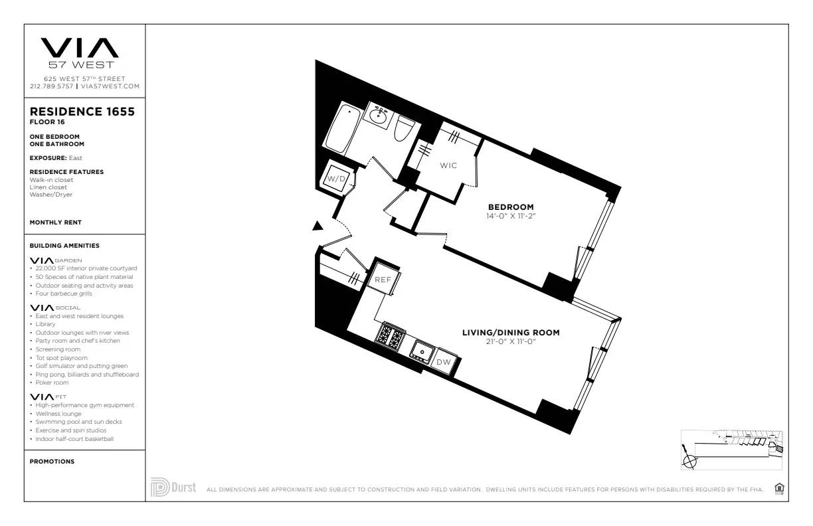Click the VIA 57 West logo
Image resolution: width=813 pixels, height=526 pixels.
pos(80,52)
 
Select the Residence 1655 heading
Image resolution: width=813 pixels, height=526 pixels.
pos(82,112)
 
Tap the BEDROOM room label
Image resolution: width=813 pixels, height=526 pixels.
pos(511,207)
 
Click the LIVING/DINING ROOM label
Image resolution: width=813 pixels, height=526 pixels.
pos(511,332)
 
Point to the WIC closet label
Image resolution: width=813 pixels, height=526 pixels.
pos(448,165)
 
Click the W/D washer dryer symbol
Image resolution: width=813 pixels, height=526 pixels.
pos(333,178)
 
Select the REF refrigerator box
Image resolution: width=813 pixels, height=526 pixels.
pos(383,280)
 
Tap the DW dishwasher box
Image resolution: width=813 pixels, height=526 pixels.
pos(443,362)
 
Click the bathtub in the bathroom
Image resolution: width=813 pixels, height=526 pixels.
pos(343,128)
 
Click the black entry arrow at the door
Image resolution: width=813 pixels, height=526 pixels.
pos(317,226)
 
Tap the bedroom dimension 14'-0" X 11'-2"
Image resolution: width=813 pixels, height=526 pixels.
pos(511,216)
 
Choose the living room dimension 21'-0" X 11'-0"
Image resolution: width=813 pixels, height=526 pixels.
pos(511,341)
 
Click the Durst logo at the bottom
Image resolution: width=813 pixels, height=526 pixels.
pos(173,487)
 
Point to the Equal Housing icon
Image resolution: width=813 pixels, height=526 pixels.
pos(779,489)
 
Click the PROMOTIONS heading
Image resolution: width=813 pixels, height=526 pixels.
pos(52,462)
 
